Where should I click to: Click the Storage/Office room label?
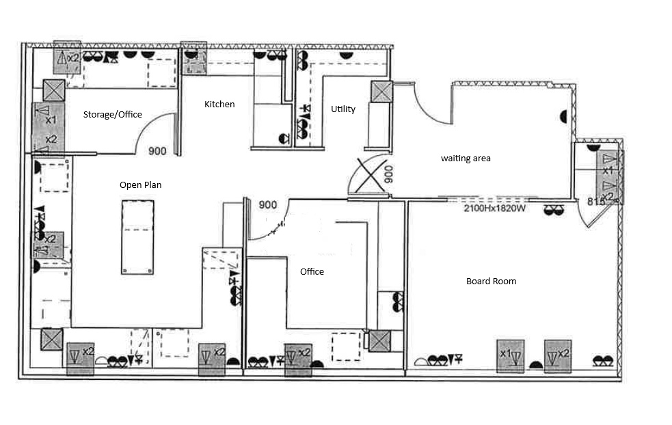pos(112,114)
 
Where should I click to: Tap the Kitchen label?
pos(219,104)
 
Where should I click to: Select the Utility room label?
pos(343,109)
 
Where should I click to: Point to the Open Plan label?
pos(141,184)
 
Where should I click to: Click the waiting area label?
pos(466,158)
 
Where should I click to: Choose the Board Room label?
pos(491,281)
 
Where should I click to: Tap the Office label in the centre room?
pos(312,272)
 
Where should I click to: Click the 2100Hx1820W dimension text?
pos(494,208)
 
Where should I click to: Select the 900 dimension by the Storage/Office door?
pos(157,151)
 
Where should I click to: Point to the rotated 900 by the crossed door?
pos(388,174)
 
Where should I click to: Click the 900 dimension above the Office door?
pos(268,205)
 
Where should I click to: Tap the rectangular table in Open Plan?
pos(137,237)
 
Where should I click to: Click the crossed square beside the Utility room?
pos(381,92)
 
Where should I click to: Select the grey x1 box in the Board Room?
pos(511,356)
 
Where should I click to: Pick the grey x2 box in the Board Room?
pos(558,356)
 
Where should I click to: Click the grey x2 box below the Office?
pos(298,359)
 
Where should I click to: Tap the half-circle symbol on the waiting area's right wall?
pos(563,117)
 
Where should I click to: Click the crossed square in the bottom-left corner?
pos(52,340)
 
